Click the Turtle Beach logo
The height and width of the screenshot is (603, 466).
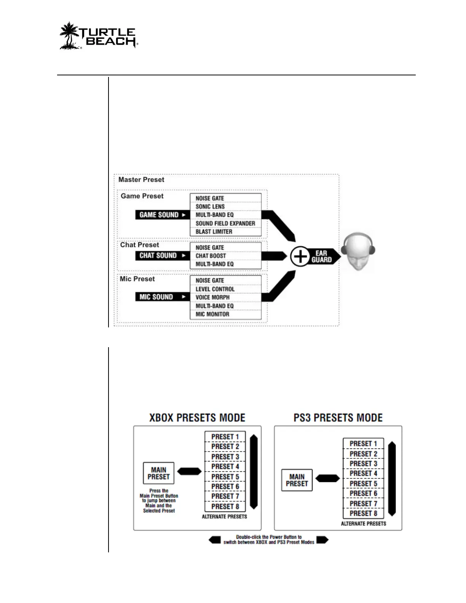click(x=98, y=35)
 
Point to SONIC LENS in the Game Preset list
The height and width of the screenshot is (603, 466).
click(x=210, y=207)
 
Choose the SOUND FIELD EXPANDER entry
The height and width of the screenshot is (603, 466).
click(x=225, y=223)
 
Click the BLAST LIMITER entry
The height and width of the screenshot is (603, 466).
click(x=214, y=231)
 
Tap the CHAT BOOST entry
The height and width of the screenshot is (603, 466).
click(x=211, y=256)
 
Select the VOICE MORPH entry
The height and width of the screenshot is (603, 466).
click(x=212, y=297)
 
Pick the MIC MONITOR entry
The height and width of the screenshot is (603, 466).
click(x=212, y=314)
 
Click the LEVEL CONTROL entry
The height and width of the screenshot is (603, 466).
click(x=215, y=289)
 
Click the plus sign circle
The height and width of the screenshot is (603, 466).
click(x=300, y=256)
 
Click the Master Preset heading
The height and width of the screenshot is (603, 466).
click(x=141, y=180)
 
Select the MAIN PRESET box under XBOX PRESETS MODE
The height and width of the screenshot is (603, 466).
click(x=158, y=473)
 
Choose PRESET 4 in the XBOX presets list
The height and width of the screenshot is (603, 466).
click(x=225, y=466)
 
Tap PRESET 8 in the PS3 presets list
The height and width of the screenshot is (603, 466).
click(x=363, y=513)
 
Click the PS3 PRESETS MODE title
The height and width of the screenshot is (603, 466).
click(x=338, y=418)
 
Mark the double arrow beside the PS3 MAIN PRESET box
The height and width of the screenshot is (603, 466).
click(x=327, y=478)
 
